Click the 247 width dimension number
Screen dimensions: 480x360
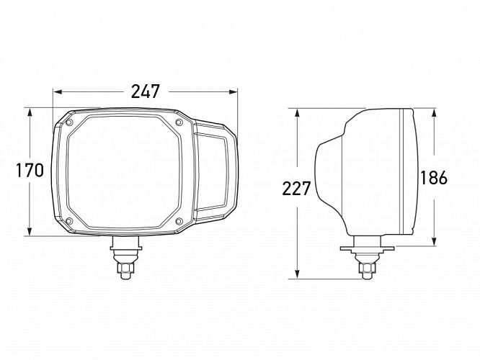click(x=146, y=91)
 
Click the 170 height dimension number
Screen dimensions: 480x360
click(x=30, y=171)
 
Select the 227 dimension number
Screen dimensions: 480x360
click(x=296, y=189)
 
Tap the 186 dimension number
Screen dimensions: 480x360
click(x=434, y=178)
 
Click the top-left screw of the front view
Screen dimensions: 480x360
click(x=69, y=122)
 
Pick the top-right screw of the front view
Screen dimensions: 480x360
click(x=179, y=122)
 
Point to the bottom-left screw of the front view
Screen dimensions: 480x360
click(x=69, y=221)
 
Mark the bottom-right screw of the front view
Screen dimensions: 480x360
click(x=179, y=221)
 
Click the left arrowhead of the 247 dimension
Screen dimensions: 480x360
click(x=58, y=91)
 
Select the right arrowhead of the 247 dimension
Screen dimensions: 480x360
click(x=233, y=91)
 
